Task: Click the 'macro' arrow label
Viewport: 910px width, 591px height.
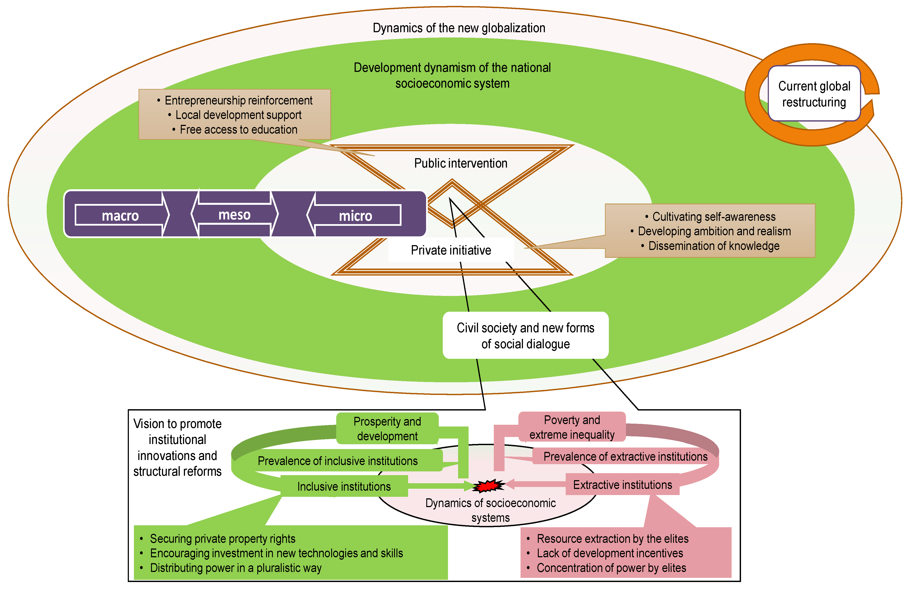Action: pyautogui.click(x=120, y=216)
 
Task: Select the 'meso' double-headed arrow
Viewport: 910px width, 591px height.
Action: pyautogui.click(x=234, y=214)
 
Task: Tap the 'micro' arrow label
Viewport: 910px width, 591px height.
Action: pyautogui.click(x=355, y=216)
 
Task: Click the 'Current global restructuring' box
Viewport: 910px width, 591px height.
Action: pyautogui.click(x=814, y=94)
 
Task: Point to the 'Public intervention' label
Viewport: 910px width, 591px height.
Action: pyautogui.click(x=461, y=163)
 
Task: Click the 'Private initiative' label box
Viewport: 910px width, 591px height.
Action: pyautogui.click(x=451, y=250)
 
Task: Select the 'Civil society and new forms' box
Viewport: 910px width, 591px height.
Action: pyautogui.click(x=525, y=335)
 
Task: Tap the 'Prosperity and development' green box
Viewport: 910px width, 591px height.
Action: pyautogui.click(x=387, y=428)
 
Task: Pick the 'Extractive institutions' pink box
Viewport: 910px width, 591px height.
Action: pyautogui.click(x=622, y=484)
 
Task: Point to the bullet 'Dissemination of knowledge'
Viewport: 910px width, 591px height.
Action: pyautogui.click(x=710, y=246)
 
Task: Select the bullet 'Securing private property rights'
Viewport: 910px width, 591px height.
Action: pyautogui.click(x=218, y=539)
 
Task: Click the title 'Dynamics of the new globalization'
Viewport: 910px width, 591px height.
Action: pyautogui.click(x=459, y=28)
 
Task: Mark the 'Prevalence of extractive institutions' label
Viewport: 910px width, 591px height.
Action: pyautogui.click(x=626, y=457)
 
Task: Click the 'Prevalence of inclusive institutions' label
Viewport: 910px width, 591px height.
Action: pyautogui.click(x=338, y=461)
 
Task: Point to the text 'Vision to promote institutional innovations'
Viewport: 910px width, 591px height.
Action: pyautogui.click(x=177, y=439)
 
